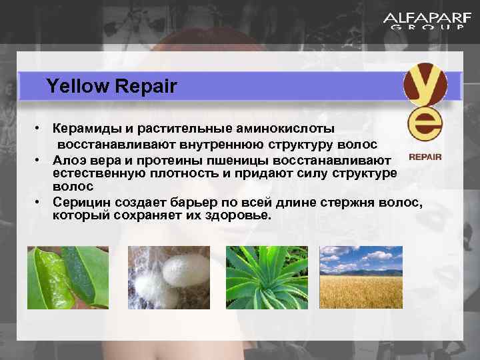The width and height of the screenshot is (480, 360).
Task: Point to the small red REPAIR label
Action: point(425,158)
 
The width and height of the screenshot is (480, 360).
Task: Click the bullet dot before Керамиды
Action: point(40,127)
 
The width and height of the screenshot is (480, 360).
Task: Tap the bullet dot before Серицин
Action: point(40,202)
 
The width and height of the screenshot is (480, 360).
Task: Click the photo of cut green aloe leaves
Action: point(69,277)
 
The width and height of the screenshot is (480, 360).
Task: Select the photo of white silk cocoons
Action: point(168,277)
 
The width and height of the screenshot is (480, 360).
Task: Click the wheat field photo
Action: point(361,277)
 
